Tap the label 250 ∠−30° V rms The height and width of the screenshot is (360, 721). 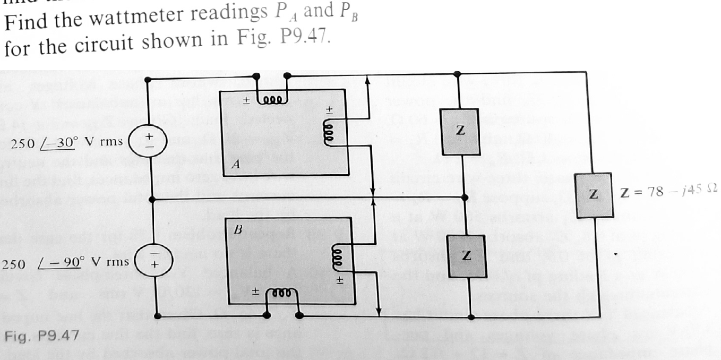click(67, 142)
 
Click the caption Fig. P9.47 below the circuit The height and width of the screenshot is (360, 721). click(41, 335)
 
